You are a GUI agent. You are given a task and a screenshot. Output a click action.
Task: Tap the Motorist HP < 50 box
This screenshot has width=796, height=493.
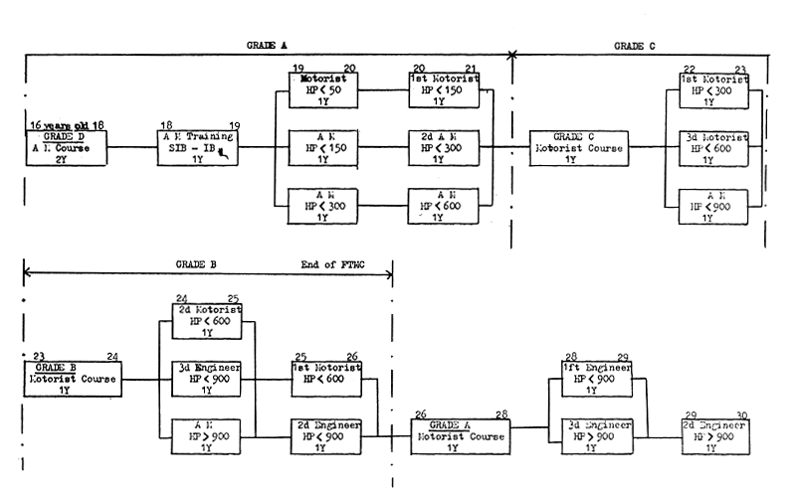click(321, 91)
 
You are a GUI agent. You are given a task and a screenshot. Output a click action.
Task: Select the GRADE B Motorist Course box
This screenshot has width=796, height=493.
click(71, 378)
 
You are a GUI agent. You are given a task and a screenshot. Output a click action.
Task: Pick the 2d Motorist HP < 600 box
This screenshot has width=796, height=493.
click(207, 322)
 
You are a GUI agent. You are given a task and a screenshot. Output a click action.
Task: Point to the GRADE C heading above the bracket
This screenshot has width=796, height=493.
click(634, 46)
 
